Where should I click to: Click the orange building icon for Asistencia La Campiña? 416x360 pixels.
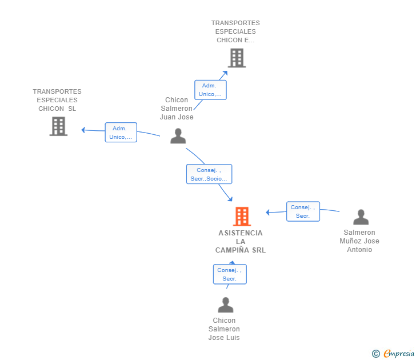click(242, 216)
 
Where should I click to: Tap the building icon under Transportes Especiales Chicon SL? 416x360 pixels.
click(58, 126)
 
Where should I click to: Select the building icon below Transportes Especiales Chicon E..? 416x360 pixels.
click(237, 58)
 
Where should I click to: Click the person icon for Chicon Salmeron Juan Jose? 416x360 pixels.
click(178, 136)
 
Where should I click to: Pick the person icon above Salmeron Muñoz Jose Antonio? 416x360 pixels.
click(361, 217)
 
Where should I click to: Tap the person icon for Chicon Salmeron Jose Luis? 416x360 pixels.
click(226, 305)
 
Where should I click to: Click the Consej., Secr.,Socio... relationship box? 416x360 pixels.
click(209, 174)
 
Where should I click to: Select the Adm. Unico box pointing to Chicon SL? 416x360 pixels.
click(121, 133)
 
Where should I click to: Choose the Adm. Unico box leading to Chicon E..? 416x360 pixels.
click(210, 90)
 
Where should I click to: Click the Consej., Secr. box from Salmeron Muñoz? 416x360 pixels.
click(303, 211)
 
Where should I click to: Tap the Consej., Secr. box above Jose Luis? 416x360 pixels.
click(230, 274)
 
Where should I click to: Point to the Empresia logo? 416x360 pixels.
click(399, 353)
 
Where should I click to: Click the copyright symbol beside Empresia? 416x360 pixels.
click(375, 354)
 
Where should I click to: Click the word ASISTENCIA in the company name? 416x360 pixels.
click(241, 233)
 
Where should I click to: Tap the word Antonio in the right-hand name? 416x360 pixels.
click(359, 250)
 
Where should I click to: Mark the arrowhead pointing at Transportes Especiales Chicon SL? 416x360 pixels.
click(83, 130)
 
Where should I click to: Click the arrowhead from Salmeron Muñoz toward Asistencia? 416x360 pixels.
click(267, 212)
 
